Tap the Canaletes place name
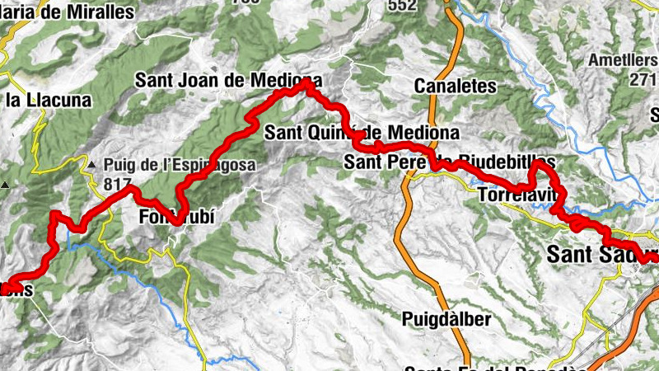pos(456,86)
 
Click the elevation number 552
pos(401,5)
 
